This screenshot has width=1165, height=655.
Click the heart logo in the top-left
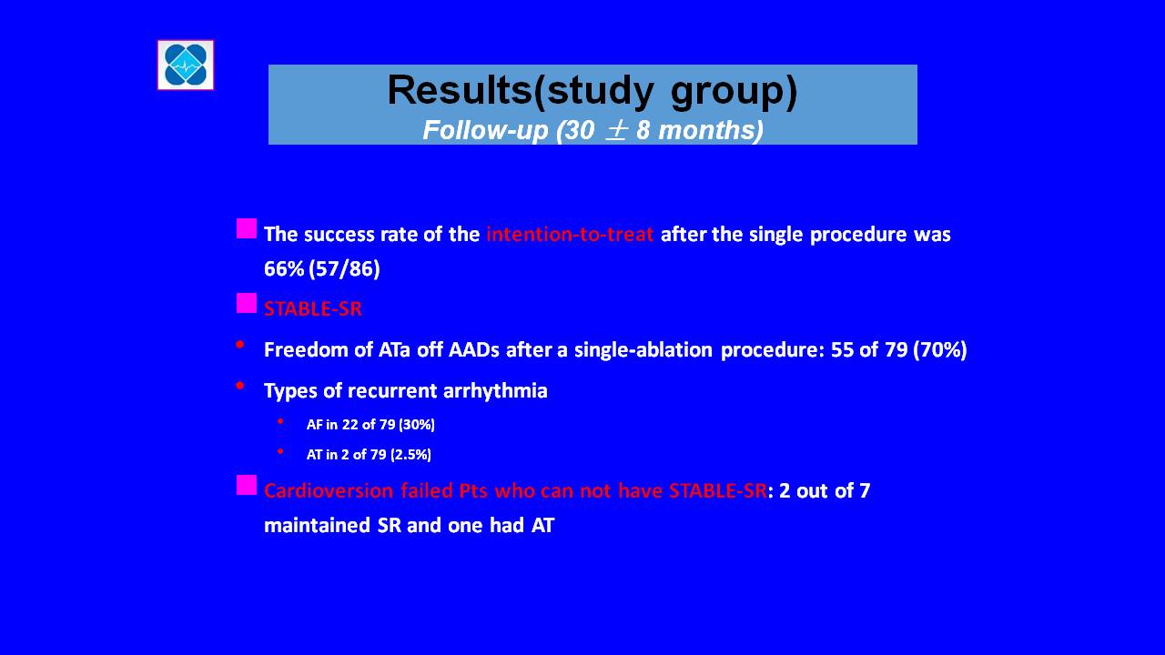click(186, 65)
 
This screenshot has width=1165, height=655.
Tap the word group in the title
click(734, 93)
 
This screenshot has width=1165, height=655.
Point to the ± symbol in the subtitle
click(616, 130)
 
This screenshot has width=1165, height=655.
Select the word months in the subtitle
click(711, 130)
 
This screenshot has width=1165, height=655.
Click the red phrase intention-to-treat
click(570, 235)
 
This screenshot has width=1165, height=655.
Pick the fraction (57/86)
click(344, 268)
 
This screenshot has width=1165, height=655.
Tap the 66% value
click(284, 268)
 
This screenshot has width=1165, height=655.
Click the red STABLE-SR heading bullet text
click(313, 308)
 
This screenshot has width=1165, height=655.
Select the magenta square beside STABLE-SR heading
click(247, 303)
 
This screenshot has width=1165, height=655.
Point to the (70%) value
click(940, 350)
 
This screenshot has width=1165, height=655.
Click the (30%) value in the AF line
click(417, 425)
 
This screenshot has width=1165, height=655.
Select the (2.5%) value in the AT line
click(410, 455)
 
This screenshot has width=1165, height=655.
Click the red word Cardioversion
click(329, 490)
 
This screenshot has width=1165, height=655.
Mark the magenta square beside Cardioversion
click(247, 485)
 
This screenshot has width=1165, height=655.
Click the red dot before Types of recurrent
click(239, 386)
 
